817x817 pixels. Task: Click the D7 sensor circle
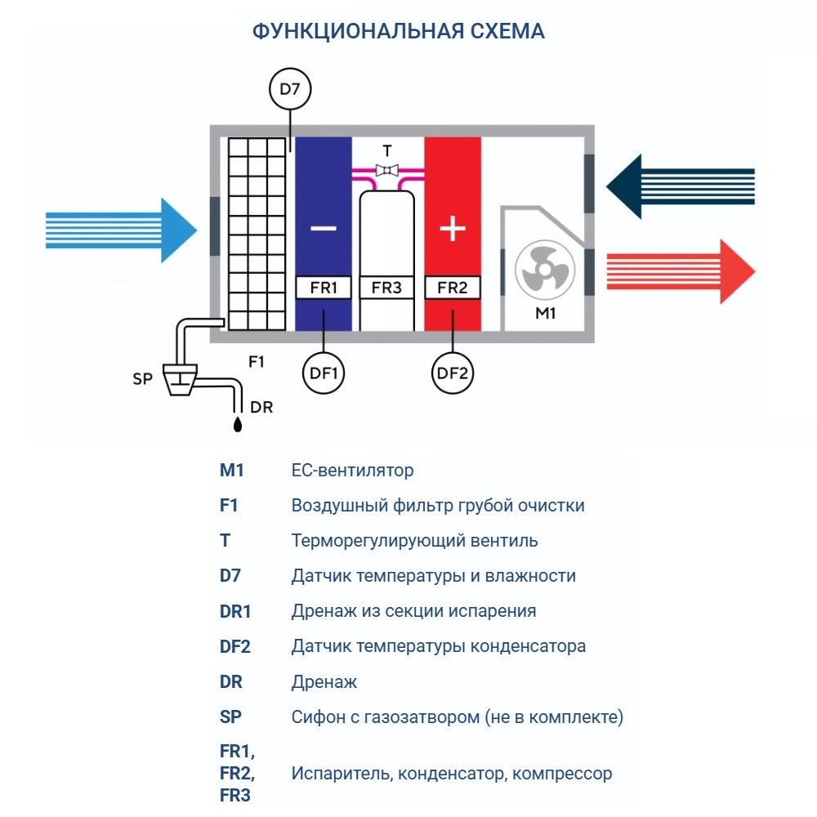tap(290, 90)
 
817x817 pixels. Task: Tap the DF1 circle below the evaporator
tap(324, 374)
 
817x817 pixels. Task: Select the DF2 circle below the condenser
tap(453, 374)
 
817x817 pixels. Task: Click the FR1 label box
tap(324, 288)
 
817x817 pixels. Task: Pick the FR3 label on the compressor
tap(386, 288)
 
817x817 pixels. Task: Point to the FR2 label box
tap(453, 288)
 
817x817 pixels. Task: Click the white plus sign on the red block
tap(453, 229)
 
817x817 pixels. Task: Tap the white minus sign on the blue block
tap(324, 229)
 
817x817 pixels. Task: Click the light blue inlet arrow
tap(123, 230)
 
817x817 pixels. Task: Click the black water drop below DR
tap(237, 424)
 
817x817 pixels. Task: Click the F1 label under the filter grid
tap(257, 360)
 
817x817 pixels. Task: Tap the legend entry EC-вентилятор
tap(352, 471)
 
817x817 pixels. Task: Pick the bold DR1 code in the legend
tap(235, 611)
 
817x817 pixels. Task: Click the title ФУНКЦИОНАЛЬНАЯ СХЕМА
tap(399, 31)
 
